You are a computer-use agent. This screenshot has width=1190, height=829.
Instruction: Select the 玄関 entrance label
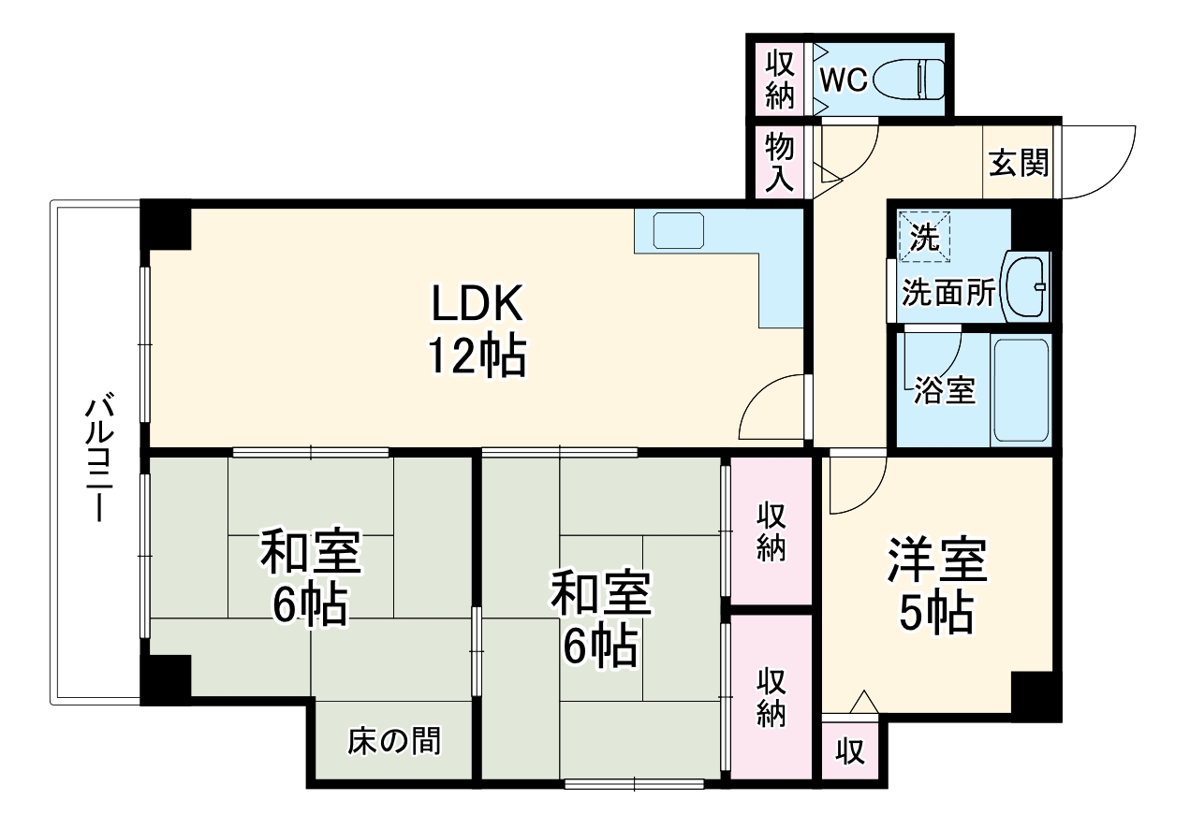click(x=1019, y=164)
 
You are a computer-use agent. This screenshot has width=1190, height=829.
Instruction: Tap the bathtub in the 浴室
click(x=1020, y=390)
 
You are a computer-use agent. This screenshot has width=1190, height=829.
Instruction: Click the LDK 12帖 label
click(x=477, y=329)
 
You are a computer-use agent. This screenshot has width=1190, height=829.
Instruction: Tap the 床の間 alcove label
click(x=393, y=741)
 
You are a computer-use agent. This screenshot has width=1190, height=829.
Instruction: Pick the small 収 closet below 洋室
click(x=850, y=751)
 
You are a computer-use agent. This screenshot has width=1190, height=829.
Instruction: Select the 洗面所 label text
click(x=948, y=294)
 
